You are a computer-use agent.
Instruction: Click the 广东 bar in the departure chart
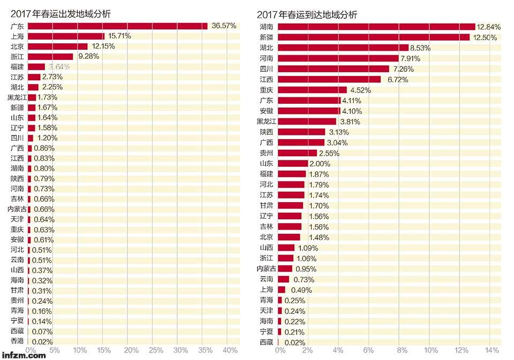[x=117, y=26]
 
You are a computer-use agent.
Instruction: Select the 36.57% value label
[x=224, y=26]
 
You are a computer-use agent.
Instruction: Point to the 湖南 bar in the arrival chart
[x=376, y=27]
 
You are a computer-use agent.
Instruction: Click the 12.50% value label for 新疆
[x=485, y=37]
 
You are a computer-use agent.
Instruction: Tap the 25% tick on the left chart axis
[x=156, y=350]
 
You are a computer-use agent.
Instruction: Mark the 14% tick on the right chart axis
[x=491, y=350]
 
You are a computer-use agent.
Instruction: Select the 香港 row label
[x=17, y=341]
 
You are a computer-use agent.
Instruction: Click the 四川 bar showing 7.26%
[x=334, y=69]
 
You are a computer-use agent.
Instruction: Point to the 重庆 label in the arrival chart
[x=266, y=90]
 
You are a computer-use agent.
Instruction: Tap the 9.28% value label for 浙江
[x=87, y=56]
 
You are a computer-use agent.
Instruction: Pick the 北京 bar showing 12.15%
[x=57, y=46]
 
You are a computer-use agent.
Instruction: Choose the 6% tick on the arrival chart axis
[x=368, y=350]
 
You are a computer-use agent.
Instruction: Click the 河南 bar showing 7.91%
[x=338, y=58]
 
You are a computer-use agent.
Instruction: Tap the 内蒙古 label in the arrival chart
[x=266, y=268]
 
